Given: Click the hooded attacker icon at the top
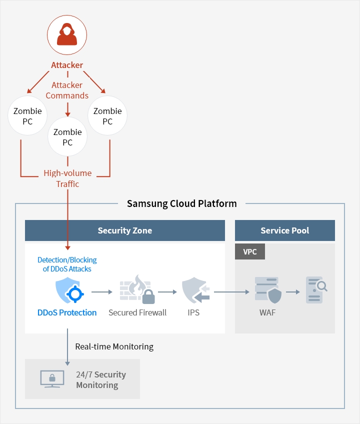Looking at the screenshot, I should [x=67, y=34].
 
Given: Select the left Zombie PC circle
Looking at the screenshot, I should [x=27, y=115].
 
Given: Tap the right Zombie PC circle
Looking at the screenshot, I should [x=107, y=115].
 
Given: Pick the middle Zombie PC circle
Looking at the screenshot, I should [x=67, y=137].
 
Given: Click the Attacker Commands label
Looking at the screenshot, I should [x=67, y=90].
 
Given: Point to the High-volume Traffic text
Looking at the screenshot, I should [x=67, y=178].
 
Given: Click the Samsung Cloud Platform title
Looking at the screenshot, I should [x=181, y=203].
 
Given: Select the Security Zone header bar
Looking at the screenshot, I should [x=125, y=230].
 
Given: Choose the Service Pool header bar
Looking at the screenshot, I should [x=284, y=230].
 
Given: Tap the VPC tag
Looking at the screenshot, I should [x=250, y=251].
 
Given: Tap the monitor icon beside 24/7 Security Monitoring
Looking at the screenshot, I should [x=52, y=379].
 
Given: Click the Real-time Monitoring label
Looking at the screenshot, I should [x=114, y=346].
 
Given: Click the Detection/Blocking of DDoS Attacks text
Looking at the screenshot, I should [x=67, y=264].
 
